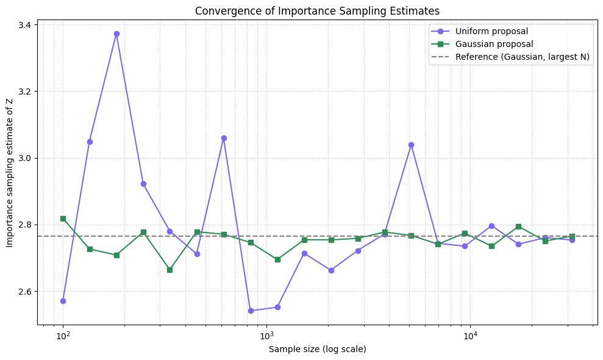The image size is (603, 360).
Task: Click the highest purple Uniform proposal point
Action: [x=116, y=34]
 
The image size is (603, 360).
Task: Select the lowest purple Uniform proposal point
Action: [x=251, y=311]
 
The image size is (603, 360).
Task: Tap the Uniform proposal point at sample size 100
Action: [x=63, y=301]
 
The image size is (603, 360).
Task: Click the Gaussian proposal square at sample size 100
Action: [x=63, y=218]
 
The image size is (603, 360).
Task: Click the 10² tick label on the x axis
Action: [x=63, y=336]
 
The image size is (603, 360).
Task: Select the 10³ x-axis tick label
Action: [x=266, y=336]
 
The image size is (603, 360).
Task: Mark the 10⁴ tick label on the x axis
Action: [x=470, y=336]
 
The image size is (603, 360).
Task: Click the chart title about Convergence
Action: [x=317, y=10]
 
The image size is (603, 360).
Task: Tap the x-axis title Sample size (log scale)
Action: [x=317, y=349]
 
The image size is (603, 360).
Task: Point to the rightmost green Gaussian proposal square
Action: [x=572, y=236]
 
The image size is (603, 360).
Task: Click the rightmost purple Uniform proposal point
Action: [x=572, y=240]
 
